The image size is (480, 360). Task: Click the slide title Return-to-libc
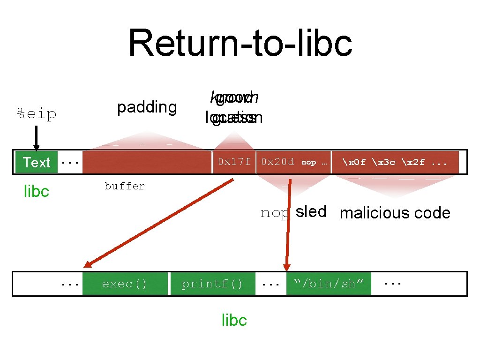click(x=240, y=43)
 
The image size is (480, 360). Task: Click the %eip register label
click(x=37, y=114)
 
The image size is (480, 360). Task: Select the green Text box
click(x=36, y=162)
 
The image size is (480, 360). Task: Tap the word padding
click(x=147, y=107)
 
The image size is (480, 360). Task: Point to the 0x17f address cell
click(x=234, y=162)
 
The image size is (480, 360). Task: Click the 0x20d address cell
click(x=277, y=162)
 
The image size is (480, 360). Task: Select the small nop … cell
click(x=314, y=162)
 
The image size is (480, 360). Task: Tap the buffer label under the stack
click(x=125, y=186)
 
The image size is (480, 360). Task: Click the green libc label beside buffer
click(x=36, y=191)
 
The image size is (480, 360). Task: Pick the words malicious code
click(x=395, y=213)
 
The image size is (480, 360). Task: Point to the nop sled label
click(x=293, y=212)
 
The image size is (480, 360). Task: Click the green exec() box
click(x=125, y=284)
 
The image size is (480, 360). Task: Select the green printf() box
click(x=212, y=284)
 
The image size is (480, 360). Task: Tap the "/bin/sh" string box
click(x=328, y=284)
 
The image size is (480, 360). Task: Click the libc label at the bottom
click(x=234, y=320)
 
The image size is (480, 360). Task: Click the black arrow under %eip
click(x=37, y=139)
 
